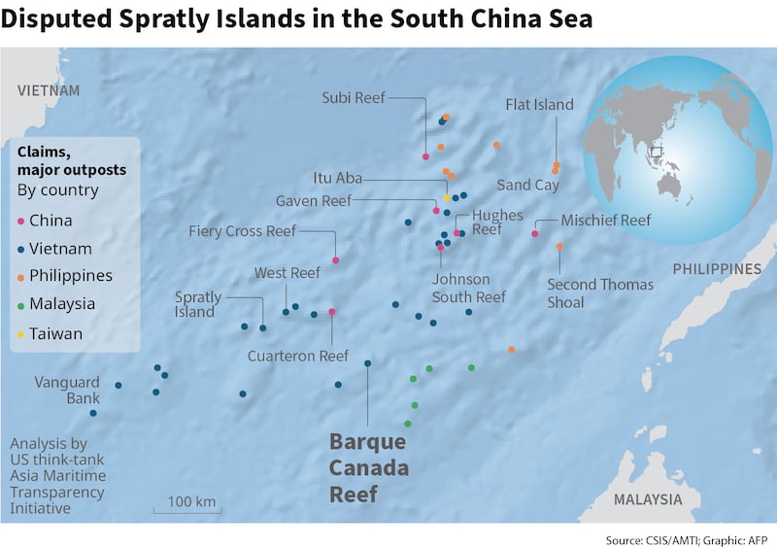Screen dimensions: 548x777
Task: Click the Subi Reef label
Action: [354, 97]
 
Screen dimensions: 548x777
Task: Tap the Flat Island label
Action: [539, 104]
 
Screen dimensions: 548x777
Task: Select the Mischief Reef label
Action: [605, 221]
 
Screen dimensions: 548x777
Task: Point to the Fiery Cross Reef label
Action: [242, 231]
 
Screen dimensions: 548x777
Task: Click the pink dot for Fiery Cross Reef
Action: [335, 260]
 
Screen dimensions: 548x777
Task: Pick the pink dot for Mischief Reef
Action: [535, 233]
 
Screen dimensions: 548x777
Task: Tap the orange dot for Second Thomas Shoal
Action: [559, 247]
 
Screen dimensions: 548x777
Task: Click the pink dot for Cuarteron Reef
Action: [332, 312]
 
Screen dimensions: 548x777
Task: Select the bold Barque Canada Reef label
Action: [369, 467]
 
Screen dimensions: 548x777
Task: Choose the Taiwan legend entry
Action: [55, 333]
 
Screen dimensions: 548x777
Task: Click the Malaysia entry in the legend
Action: [61, 304]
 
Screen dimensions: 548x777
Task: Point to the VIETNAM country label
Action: [48, 90]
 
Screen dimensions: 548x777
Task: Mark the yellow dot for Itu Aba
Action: [447, 197]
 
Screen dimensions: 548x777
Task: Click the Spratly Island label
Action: [198, 304]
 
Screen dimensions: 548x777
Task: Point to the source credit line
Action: [687, 537]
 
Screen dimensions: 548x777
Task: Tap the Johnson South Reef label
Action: [468, 289]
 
